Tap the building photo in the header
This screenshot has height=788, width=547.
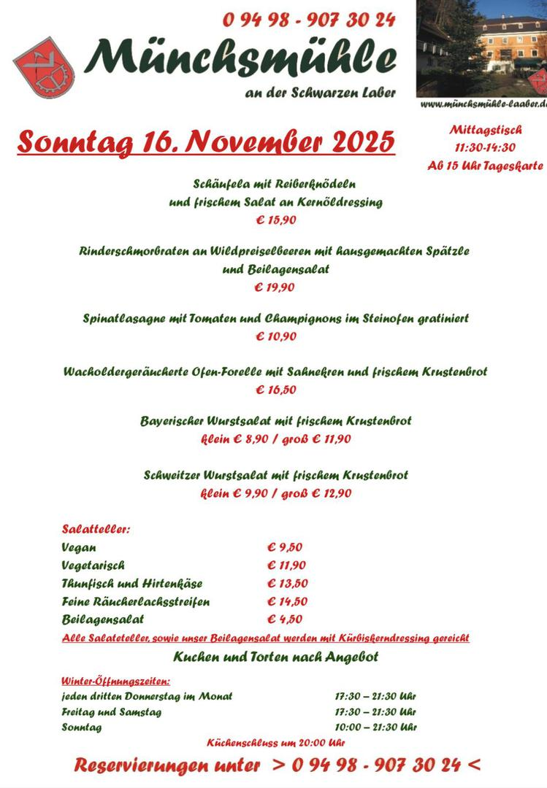click(483, 47)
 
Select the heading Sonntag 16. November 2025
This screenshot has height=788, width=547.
click(205, 142)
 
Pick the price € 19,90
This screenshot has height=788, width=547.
click(274, 287)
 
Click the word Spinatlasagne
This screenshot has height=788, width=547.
click(123, 318)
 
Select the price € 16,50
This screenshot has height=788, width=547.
click(275, 390)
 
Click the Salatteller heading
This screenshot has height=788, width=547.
click(96, 529)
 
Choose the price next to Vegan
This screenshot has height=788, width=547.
click(285, 547)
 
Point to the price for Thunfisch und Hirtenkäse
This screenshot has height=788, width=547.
click(287, 583)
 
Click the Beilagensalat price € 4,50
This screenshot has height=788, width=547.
click(285, 619)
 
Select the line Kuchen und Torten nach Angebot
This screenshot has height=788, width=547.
click(275, 657)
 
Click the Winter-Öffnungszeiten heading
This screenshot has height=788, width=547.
click(116, 681)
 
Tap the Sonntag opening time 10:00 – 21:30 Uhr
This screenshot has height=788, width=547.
click(375, 727)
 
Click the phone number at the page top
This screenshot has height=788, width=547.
click(309, 20)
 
